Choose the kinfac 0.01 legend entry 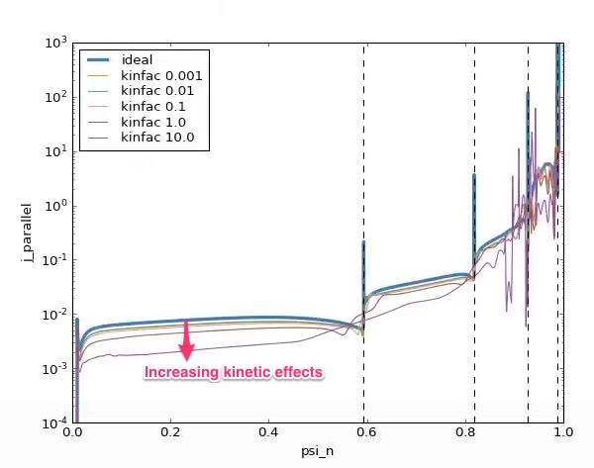point(152,91)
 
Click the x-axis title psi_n point(318,451)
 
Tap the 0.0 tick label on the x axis point(72,432)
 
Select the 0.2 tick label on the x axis point(170,432)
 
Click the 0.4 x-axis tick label point(268,432)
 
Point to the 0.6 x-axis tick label point(366,432)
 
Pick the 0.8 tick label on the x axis point(464,432)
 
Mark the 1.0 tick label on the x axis point(562,432)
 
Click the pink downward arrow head point(186,353)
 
